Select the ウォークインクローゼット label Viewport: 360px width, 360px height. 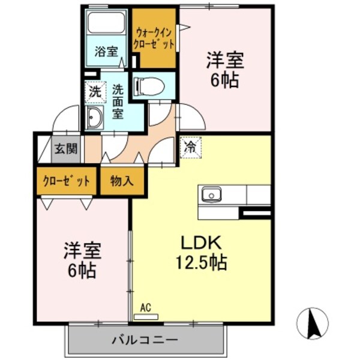click(155, 38)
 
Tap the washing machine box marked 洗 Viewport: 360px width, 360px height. click(95, 92)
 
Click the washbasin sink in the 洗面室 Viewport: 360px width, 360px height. click(94, 118)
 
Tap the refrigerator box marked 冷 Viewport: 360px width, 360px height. click(191, 147)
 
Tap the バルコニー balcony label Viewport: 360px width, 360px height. click(144, 340)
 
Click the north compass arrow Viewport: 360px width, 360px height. click(312, 323)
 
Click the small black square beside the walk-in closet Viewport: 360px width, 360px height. click(134, 60)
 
